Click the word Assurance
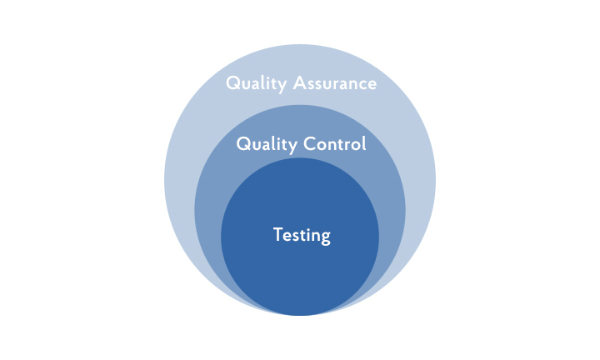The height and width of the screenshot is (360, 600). tap(335, 83)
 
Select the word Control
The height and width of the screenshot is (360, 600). tap(335, 144)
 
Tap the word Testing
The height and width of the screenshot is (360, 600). tap(302, 235)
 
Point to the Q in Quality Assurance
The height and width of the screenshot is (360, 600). tap(233, 83)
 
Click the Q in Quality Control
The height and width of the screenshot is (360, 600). tap(243, 144)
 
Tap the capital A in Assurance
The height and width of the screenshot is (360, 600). tap(300, 83)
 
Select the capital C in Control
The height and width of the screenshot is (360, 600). tap(310, 144)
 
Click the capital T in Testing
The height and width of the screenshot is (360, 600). tap(278, 234)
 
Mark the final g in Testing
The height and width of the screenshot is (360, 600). tap(326, 238)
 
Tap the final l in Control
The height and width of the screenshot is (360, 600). tap(364, 143)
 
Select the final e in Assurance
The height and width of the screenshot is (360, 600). tap(372, 85)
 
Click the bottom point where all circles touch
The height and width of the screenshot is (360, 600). tap(300, 316)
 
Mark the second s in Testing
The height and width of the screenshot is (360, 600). tap(299, 237)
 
